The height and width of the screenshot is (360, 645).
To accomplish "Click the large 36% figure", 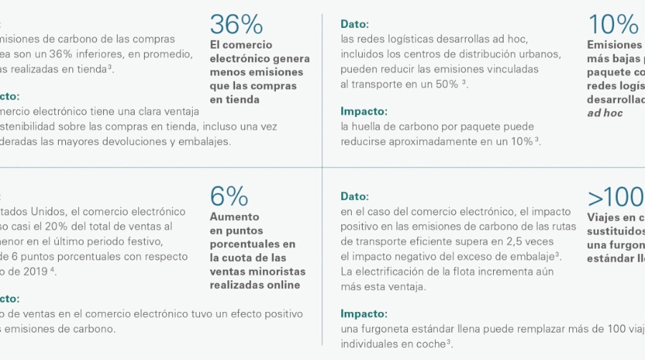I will (236, 24).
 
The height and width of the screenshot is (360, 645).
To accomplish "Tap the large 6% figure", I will (229, 196).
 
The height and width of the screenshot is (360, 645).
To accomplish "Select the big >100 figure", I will (616, 196).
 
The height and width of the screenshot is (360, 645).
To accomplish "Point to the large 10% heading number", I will (613, 24).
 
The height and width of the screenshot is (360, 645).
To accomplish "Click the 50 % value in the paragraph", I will (445, 84).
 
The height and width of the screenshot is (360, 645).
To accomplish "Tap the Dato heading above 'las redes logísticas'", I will (355, 24).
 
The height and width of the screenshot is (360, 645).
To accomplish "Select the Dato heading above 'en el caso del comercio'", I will (355, 196).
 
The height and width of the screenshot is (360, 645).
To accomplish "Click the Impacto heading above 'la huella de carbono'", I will (363, 111).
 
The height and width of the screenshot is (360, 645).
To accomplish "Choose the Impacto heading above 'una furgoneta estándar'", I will (363, 313).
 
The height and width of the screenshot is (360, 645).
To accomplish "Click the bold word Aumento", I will (234, 217).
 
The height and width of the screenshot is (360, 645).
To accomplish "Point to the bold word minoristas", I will (277, 271).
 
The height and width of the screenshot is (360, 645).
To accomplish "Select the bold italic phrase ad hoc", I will (605, 113).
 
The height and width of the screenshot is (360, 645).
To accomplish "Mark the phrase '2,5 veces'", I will (537, 242).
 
